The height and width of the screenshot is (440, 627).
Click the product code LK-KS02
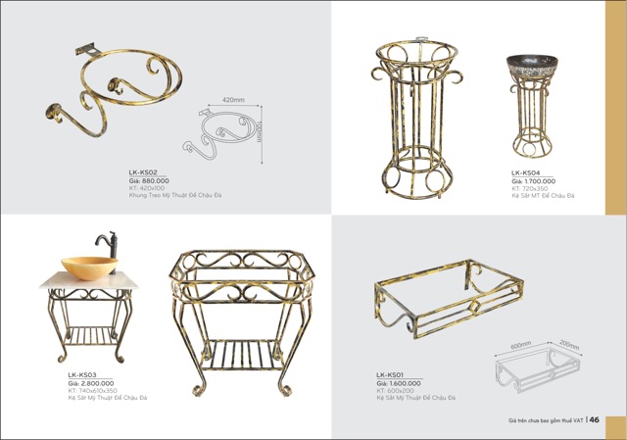tap(143, 172)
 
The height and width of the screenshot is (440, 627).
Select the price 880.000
tap(149, 180)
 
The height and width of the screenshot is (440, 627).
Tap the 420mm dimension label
tap(232, 100)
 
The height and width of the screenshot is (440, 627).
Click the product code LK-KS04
tap(526, 172)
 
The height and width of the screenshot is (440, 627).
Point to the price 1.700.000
tap(533, 180)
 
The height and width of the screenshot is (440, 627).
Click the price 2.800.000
tap(90, 383)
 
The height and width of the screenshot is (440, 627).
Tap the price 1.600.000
tap(399, 383)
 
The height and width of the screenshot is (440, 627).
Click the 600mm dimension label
tap(520, 345)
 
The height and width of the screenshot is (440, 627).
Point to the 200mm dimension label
tap(569, 346)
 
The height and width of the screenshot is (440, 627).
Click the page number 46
tap(595, 420)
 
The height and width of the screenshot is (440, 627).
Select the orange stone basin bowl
tap(89, 267)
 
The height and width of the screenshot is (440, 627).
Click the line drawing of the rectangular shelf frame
tap(538, 369)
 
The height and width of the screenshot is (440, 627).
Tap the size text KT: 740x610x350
tap(92, 391)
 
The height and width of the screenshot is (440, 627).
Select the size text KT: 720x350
tap(530, 188)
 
